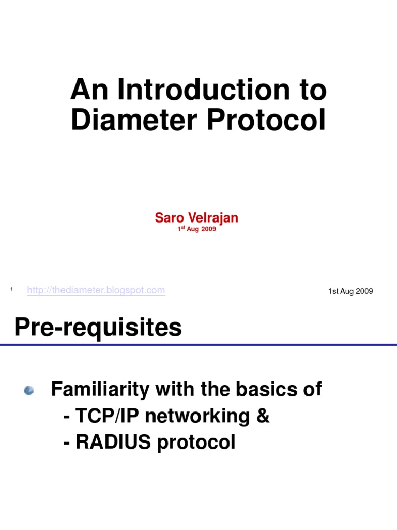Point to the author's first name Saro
169,218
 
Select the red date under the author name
196,229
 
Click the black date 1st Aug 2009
350,291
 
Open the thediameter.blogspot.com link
96,290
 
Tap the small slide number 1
11,288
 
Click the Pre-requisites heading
98,328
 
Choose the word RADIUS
110,442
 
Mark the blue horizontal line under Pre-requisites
198,345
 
